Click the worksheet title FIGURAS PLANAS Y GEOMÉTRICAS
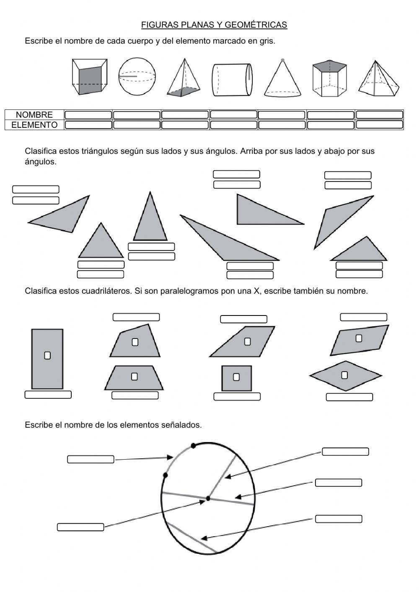pos(214,25)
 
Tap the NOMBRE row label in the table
pos(34,115)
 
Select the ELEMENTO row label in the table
pos(34,125)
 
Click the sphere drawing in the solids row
pos(137,77)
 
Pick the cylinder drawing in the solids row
pos(232,79)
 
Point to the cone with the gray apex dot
pos(283,79)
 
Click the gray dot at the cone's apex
pos(283,60)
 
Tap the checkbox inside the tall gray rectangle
pos(47,355)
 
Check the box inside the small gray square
pos(236,377)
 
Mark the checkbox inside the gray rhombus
pos(344,375)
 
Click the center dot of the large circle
pos(208,499)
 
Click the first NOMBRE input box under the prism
pos(88,115)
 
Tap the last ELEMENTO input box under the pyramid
pos(379,124)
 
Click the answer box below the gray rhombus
pos(349,397)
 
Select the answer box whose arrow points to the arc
pos(91,460)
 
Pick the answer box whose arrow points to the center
pos(80,527)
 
